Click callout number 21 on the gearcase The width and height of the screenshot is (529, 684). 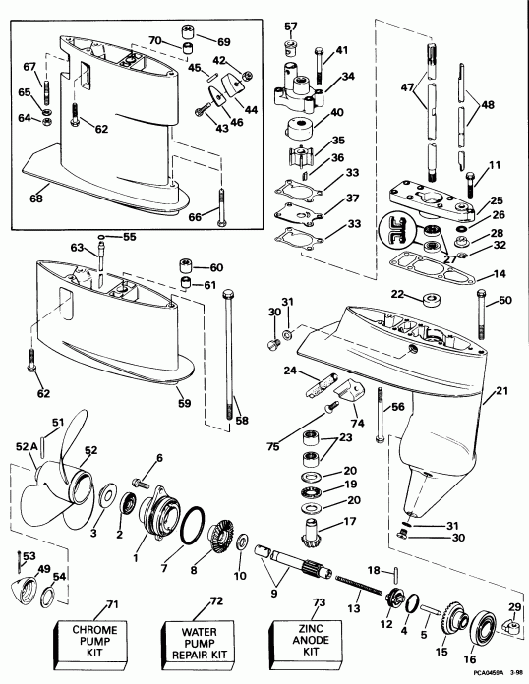(x=504, y=391)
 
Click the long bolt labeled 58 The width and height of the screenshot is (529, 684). (x=232, y=354)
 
